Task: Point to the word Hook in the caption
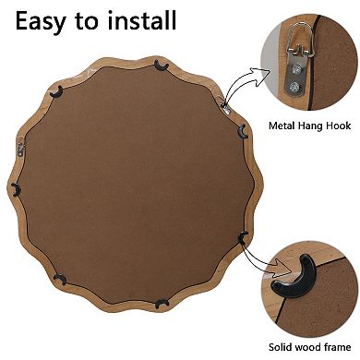click(x=341, y=126)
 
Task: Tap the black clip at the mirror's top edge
click(x=162, y=64)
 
